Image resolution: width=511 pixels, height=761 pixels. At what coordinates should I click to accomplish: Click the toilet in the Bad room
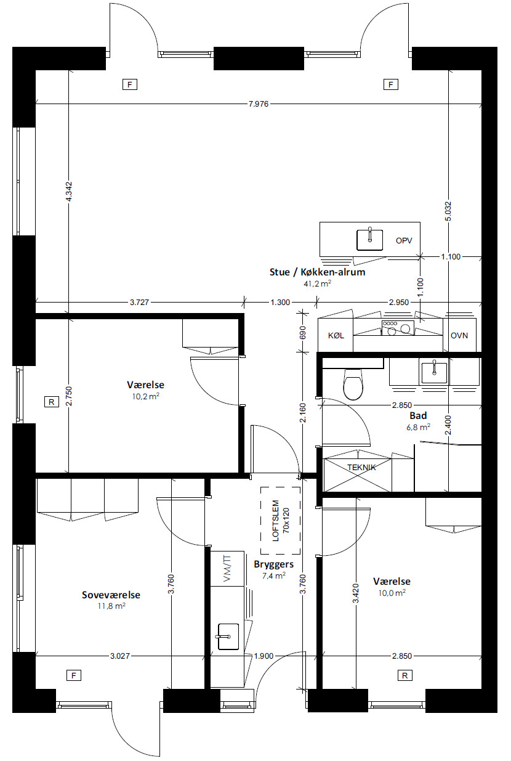[x=353, y=384]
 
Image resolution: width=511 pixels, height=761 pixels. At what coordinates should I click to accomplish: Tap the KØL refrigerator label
[x=336, y=336]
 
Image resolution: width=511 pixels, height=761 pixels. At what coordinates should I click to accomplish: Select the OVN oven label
[x=459, y=336]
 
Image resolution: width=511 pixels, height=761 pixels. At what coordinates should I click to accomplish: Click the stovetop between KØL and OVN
[x=398, y=328]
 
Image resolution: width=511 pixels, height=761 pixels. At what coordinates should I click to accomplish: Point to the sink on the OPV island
[x=370, y=240]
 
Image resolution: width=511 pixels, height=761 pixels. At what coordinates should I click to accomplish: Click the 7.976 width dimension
[x=259, y=104]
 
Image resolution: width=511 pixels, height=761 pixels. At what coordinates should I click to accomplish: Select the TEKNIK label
[x=361, y=468]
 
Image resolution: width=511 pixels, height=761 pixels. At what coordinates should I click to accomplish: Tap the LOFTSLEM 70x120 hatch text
[x=281, y=520]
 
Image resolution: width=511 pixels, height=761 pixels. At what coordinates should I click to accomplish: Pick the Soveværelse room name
[x=111, y=595]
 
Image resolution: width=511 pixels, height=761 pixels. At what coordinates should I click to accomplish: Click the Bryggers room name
[x=274, y=564]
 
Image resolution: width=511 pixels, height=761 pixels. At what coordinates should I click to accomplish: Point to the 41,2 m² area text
[x=317, y=283]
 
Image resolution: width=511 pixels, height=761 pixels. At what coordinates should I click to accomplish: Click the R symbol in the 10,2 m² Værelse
[x=52, y=402]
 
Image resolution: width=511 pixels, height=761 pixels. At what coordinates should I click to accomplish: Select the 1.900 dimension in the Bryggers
[x=264, y=656]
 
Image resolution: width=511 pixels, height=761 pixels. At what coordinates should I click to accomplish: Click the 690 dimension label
[x=303, y=332]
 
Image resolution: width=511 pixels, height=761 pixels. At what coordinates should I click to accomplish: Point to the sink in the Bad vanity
[x=434, y=372]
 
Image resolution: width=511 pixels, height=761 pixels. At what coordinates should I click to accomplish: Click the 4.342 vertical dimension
[x=68, y=192]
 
